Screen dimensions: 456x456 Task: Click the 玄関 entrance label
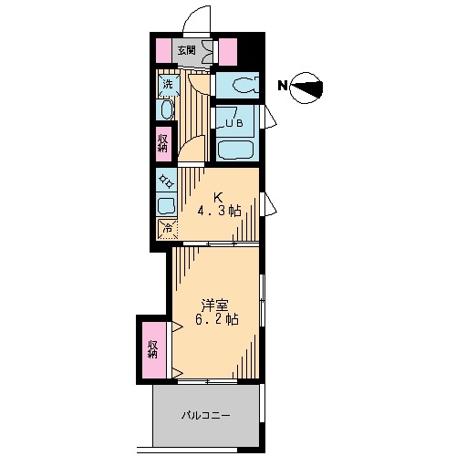point(186,50)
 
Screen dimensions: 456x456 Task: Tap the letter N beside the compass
point(283,86)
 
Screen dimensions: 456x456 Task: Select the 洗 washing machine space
point(168,85)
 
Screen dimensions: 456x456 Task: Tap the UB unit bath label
point(233,123)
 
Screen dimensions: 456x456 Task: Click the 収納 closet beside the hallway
point(163,143)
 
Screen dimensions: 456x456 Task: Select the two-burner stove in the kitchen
point(167,180)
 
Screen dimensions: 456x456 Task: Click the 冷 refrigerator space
point(167,228)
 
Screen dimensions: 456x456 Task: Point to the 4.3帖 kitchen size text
point(220,211)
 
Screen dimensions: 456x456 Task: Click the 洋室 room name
point(215,306)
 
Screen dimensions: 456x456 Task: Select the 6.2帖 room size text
point(216,320)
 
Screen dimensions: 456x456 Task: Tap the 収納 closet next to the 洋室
point(154,349)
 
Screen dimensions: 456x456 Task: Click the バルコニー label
point(205,415)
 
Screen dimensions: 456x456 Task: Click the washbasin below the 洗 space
point(166,109)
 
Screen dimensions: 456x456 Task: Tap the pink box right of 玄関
point(228,52)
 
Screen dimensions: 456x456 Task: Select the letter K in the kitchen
point(218,198)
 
